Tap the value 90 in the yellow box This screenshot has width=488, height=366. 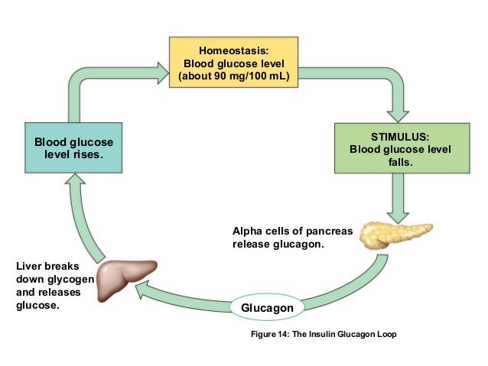220,76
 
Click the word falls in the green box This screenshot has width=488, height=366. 400,162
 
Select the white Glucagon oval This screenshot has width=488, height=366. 267,307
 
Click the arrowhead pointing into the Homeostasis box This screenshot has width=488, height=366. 163,73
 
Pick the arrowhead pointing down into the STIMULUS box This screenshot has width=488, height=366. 398,116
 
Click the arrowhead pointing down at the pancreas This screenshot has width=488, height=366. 398,218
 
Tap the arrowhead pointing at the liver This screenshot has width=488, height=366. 141,289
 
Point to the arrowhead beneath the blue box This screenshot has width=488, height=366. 75,179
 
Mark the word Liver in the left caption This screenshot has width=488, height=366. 28,266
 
